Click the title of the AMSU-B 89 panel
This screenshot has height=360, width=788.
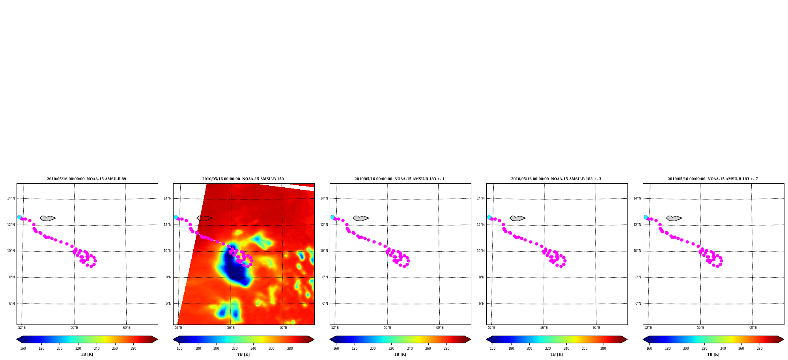coord(86,179)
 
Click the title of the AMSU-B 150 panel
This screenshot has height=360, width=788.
coord(243,179)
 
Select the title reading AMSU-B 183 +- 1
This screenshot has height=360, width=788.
coord(400,179)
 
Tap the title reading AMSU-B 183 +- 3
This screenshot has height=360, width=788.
coord(556,179)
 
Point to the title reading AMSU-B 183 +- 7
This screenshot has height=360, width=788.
coord(713,179)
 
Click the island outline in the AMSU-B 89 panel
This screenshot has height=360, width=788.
coord(48,218)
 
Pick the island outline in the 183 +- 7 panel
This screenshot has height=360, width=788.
coord(674,218)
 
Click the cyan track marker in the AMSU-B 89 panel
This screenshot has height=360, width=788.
coord(19,217)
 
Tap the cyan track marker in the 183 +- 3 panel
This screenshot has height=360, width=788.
coord(489,217)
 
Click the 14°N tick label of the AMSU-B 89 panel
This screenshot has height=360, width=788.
coord(11,198)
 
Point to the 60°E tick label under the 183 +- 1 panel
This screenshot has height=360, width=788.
coord(440,328)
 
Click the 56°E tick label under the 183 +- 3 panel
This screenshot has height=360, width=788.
coord(544,328)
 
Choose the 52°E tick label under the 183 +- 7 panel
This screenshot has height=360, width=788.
coord(648,328)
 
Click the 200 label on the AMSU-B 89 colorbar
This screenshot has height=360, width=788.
coord(60,349)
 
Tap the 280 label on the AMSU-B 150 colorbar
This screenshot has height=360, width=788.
coord(290,349)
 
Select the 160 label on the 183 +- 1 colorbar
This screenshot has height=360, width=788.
coord(336,349)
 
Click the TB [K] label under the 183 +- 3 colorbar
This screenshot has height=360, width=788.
coord(556,354)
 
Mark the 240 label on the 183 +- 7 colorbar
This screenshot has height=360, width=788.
coord(723,349)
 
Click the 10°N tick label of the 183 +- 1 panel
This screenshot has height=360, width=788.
coord(324,251)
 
